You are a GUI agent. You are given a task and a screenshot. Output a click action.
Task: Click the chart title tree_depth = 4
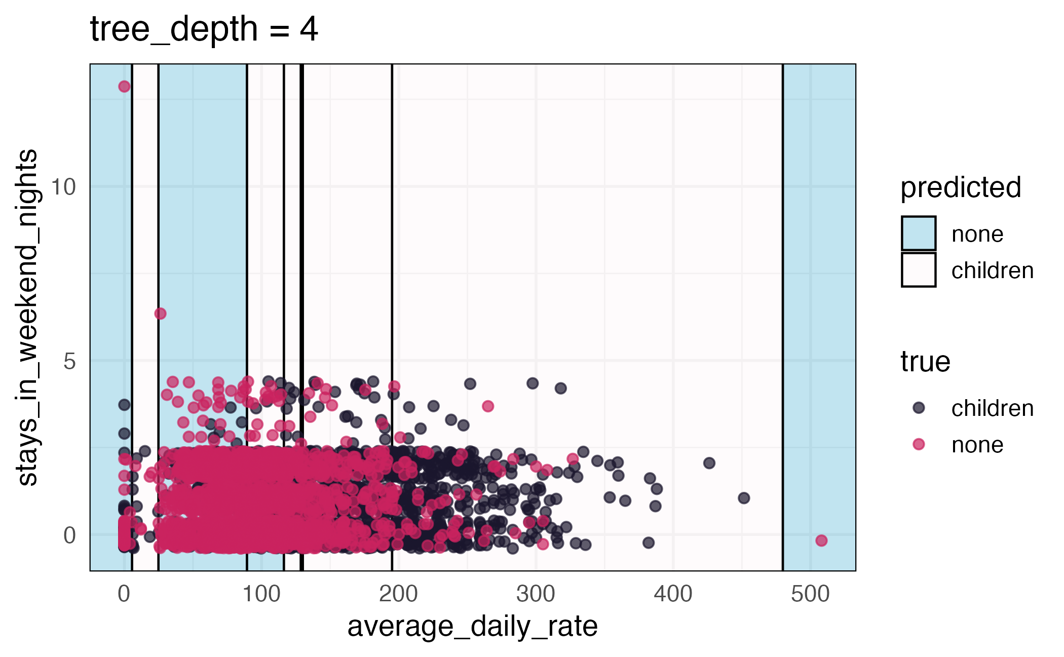tap(204, 29)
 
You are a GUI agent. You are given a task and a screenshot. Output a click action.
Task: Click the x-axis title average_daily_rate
tap(472, 627)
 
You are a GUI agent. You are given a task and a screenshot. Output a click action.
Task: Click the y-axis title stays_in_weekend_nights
tap(27, 318)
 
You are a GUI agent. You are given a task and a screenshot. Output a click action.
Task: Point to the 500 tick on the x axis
tap(810, 594)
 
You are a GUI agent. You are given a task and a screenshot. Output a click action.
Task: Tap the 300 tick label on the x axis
tap(536, 594)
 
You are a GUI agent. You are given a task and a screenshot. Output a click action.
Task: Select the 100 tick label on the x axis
tap(261, 594)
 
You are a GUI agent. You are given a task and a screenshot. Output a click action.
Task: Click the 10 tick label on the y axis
tap(63, 187)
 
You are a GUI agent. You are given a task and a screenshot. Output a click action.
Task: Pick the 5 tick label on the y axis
tap(69, 362)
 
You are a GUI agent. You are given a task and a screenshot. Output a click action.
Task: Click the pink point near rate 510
tap(821, 540)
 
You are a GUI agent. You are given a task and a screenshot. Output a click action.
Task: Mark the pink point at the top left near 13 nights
tap(124, 87)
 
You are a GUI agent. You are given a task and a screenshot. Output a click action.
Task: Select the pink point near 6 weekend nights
tap(160, 314)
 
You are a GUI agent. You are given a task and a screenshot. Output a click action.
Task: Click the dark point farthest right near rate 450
tap(744, 498)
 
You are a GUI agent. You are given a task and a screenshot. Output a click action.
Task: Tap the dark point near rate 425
tap(709, 463)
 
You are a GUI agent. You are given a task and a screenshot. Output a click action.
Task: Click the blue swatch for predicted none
tap(918, 234)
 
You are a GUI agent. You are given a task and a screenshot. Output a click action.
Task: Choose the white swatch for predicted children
tap(918, 270)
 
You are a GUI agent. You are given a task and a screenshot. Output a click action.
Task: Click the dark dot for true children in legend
tap(919, 408)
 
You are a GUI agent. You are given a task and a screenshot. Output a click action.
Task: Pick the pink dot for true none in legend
tap(919, 444)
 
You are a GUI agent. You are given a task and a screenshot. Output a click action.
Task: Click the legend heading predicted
tap(960, 187)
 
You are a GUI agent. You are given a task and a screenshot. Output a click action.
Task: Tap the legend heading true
tap(925, 362)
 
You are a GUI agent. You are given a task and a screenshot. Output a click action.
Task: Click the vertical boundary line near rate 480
tap(783, 304)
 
